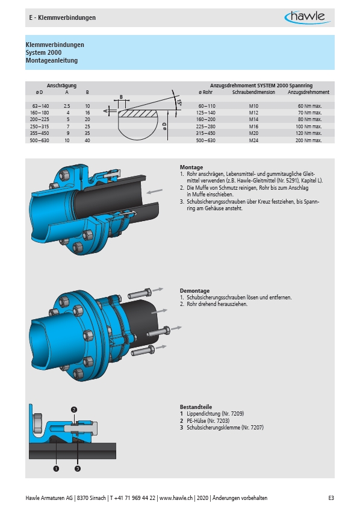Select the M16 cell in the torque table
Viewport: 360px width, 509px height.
pyautogui.click(x=253, y=126)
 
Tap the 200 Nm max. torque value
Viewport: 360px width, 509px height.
pyautogui.click(x=308, y=140)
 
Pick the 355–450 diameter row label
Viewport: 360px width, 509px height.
pyautogui.click(x=39, y=133)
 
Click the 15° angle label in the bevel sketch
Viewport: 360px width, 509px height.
pyautogui.click(x=179, y=102)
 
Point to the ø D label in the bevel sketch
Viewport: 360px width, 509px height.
pyautogui.click(x=164, y=126)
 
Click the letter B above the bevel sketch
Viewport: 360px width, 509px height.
pyautogui.click(x=121, y=97)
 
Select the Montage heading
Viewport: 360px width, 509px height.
pyautogui.click(x=191, y=167)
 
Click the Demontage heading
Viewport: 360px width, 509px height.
pyautogui.click(x=194, y=290)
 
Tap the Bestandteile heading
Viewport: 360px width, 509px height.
pyautogui.click(x=196, y=407)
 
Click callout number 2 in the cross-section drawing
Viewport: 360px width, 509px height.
pyautogui.click(x=74, y=410)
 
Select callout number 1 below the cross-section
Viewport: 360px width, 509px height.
pyautogui.click(x=56, y=469)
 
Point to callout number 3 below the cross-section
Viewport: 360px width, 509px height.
pyautogui.click(x=78, y=469)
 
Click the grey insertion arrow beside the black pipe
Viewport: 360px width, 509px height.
pyautogui.click(x=154, y=191)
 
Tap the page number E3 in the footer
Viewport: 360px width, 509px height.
pyautogui.click(x=331, y=498)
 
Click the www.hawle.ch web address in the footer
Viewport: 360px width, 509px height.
pyautogui.click(x=176, y=498)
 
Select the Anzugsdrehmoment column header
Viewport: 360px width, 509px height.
pyautogui.click(x=308, y=92)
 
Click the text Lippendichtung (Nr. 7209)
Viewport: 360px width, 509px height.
pyautogui.click(x=216, y=414)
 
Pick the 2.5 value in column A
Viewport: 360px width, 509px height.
pyautogui.click(x=67, y=106)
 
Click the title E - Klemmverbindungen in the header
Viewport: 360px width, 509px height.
pyautogui.click(x=62, y=17)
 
